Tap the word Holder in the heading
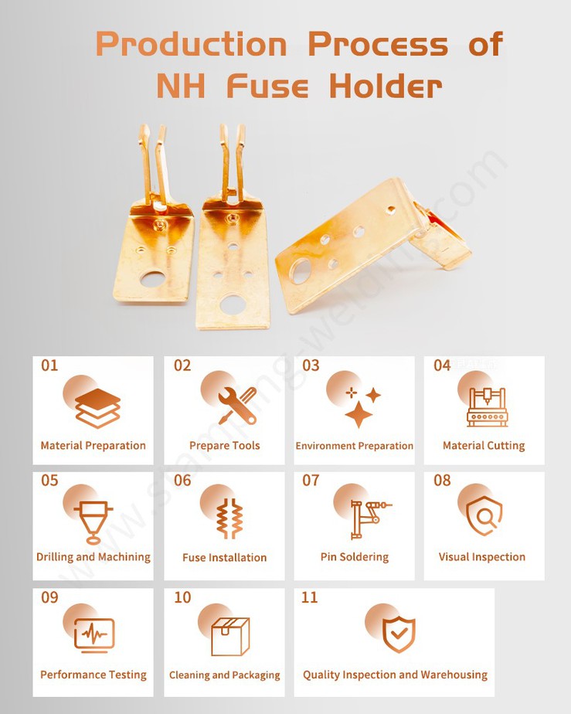[386, 87]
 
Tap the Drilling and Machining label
[93, 557]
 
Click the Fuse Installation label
[224, 557]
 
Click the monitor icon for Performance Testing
[94, 634]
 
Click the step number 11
[309, 598]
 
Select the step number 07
[311, 481]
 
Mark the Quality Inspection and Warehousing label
[395, 675]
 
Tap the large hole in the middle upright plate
[232, 304]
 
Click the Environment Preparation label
[354, 446]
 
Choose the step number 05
[49, 481]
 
